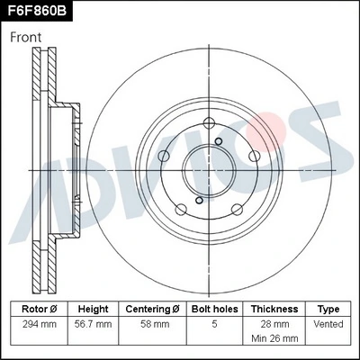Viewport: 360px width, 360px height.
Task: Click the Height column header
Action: (94, 308)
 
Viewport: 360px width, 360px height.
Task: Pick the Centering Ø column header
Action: (152, 308)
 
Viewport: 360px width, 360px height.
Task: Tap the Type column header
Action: (328, 308)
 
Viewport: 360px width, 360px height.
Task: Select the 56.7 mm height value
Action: (94, 322)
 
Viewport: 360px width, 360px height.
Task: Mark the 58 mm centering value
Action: (152, 322)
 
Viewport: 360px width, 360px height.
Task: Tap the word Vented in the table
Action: (328, 322)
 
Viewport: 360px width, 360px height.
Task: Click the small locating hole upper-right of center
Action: (220, 141)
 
